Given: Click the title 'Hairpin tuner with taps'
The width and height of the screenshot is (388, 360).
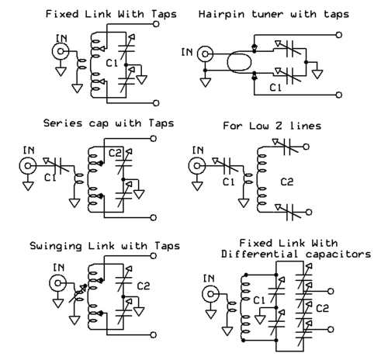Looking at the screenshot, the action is pyautogui.click(x=274, y=14).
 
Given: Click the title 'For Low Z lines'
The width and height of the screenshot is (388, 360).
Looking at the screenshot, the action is pyautogui.click(x=272, y=126).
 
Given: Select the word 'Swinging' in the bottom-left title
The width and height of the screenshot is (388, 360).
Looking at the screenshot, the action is pyautogui.click(x=56, y=246).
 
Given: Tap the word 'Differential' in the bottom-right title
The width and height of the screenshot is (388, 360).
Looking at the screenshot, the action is pyautogui.click(x=259, y=254).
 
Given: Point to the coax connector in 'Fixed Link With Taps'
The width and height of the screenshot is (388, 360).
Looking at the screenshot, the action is pyautogui.click(x=61, y=51).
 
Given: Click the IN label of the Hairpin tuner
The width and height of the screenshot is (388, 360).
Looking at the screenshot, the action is pyautogui.click(x=187, y=52).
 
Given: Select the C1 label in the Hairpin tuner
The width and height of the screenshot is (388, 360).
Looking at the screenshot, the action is pyautogui.click(x=275, y=88).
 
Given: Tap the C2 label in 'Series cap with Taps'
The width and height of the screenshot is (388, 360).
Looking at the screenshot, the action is pyautogui.click(x=115, y=153).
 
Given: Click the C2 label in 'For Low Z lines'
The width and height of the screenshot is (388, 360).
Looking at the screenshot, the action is pyautogui.click(x=287, y=182).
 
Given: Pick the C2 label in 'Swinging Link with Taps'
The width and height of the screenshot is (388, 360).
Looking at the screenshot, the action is pyautogui.click(x=144, y=286).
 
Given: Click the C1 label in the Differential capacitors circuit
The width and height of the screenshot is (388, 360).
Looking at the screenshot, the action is pyautogui.click(x=259, y=300).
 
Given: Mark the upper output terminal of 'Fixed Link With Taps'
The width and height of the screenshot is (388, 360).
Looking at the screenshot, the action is pyautogui.click(x=156, y=24).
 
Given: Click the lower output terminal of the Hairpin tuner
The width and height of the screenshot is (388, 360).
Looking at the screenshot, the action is pyautogui.click(x=339, y=95).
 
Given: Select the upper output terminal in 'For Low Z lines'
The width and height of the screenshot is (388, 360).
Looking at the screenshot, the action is pyautogui.click(x=306, y=147).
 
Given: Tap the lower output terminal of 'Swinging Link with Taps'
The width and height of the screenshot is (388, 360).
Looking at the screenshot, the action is pyautogui.click(x=154, y=335).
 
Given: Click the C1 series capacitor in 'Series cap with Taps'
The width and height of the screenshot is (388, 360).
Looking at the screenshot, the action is pyautogui.click(x=57, y=165).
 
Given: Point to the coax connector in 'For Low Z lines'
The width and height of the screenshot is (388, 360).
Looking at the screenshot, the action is pyautogui.click(x=197, y=165).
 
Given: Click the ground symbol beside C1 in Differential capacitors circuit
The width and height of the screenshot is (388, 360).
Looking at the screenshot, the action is pyautogui.click(x=260, y=320).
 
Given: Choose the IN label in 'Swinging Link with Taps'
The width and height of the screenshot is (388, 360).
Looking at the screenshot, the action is pyautogui.click(x=58, y=267).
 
